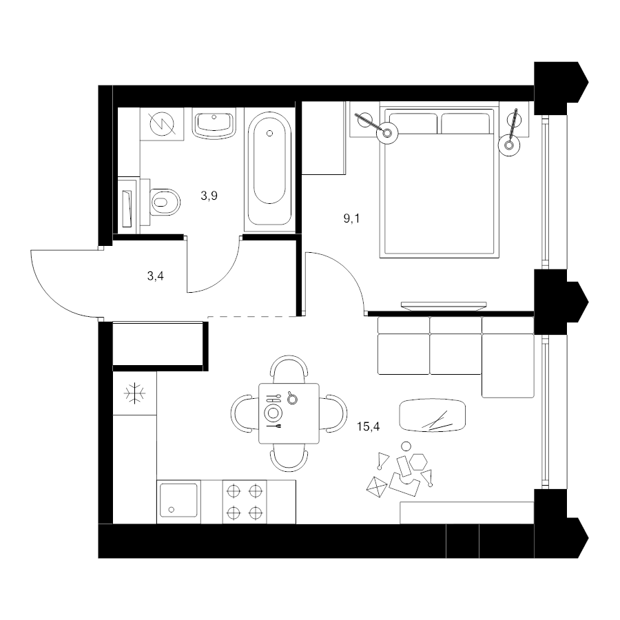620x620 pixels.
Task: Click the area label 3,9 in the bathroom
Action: pyautogui.click(x=209, y=196)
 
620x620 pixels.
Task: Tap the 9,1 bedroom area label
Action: pyautogui.click(x=351, y=218)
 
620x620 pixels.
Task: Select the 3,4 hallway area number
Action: pyautogui.click(x=156, y=276)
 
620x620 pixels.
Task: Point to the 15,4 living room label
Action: pyautogui.click(x=368, y=426)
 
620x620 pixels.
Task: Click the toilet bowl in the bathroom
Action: pyautogui.click(x=165, y=202)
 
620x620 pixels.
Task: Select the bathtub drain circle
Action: pyautogui.click(x=269, y=133)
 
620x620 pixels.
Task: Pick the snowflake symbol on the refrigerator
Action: pyautogui.click(x=135, y=393)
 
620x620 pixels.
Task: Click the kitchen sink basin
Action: pyautogui.click(x=178, y=500)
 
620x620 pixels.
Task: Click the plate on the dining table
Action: pyautogui.click(x=273, y=413)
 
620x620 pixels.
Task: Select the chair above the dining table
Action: pyautogui.click(x=289, y=369)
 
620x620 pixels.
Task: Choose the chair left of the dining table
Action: pyautogui.click(x=245, y=413)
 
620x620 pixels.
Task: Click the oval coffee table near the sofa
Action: pyautogui.click(x=432, y=415)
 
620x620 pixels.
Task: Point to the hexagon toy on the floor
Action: pyautogui.click(x=418, y=462)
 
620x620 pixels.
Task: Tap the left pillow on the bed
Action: pyautogui.click(x=413, y=123)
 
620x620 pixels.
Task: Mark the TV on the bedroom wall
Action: pyautogui.click(x=444, y=305)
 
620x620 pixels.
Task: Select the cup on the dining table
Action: pyautogui.click(x=292, y=398)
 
